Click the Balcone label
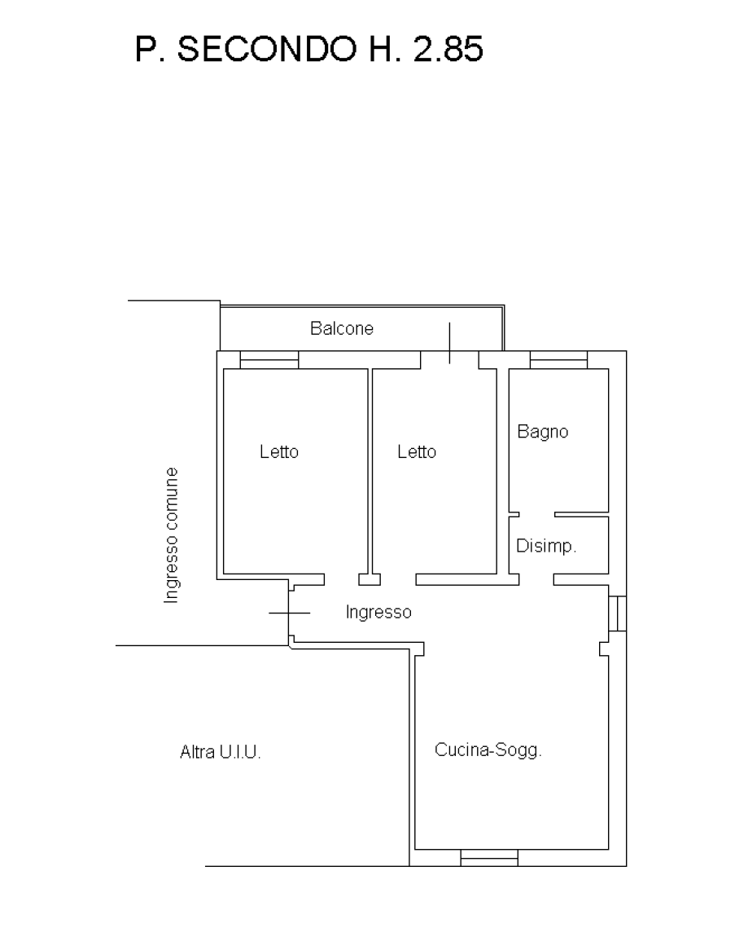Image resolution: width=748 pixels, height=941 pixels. (342, 328)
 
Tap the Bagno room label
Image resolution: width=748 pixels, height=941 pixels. (542, 432)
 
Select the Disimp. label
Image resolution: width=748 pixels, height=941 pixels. (546, 546)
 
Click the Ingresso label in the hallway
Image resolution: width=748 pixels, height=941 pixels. (378, 613)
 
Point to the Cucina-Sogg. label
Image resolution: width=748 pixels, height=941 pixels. (488, 750)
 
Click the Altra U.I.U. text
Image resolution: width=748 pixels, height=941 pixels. (221, 752)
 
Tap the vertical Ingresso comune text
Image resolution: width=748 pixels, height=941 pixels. (172, 535)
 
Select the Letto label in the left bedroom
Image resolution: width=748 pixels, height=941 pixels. (278, 451)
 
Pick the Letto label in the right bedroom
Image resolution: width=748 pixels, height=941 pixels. (417, 451)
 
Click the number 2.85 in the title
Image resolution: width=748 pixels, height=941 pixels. (448, 49)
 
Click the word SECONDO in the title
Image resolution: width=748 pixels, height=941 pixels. (267, 49)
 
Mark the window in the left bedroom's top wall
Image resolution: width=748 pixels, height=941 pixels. (269, 360)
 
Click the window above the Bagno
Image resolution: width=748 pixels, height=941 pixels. (558, 360)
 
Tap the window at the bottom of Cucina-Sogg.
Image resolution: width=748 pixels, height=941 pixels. (489, 858)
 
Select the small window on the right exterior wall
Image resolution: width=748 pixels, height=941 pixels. (618, 613)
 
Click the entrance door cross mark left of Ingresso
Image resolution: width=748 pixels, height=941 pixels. (290, 613)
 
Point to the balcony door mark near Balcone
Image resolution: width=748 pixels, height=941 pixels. (449, 343)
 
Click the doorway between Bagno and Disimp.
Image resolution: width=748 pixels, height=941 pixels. (537, 514)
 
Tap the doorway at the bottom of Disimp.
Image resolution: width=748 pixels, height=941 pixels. (536, 580)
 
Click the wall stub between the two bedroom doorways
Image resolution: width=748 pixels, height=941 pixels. (370, 580)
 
